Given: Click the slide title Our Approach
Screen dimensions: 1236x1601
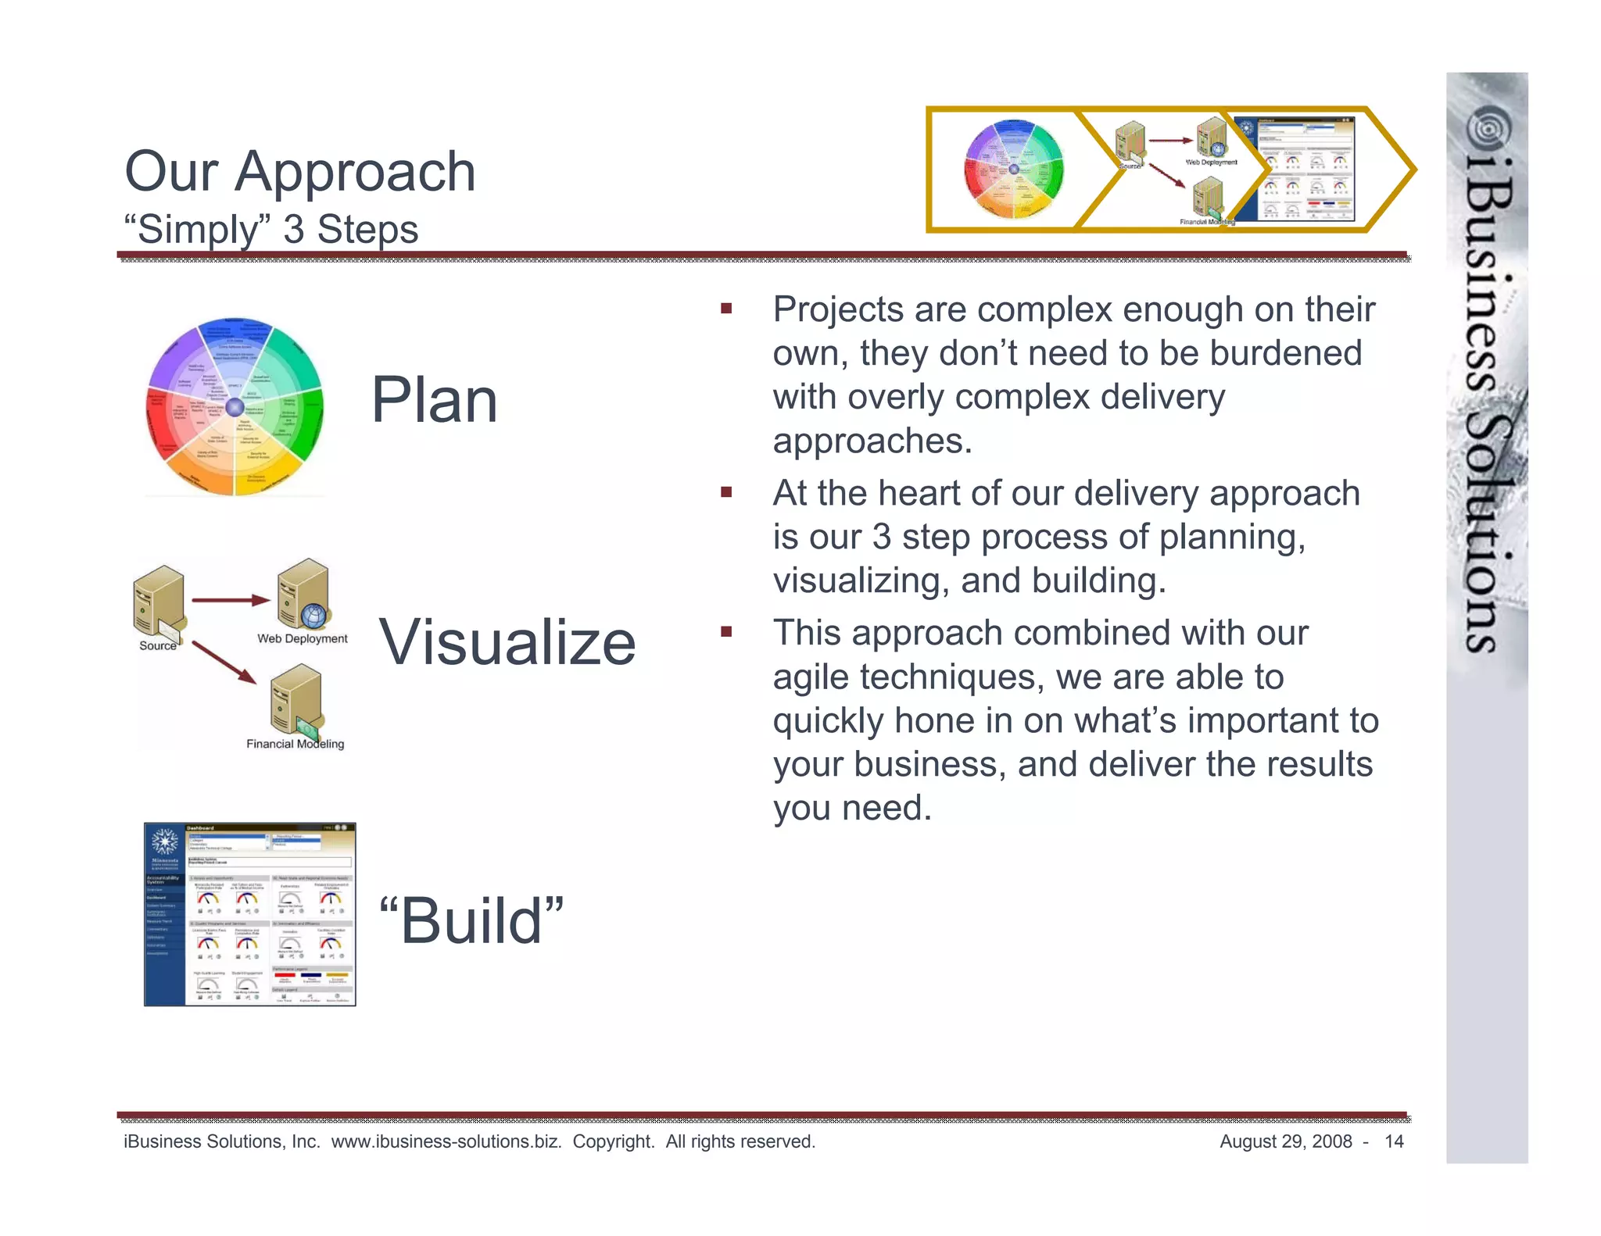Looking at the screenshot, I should click(x=299, y=172).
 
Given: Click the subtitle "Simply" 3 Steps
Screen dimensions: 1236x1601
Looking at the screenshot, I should click(x=270, y=230).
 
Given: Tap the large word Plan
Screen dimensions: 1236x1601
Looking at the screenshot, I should click(x=434, y=400).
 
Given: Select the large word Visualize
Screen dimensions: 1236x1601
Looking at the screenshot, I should click(x=507, y=642).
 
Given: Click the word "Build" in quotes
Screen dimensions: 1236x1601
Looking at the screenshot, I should click(x=471, y=921).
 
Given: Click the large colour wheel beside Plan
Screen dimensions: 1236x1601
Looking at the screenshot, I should click(x=235, y=406).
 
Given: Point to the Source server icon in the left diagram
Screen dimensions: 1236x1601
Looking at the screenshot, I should click(x=159, y=600).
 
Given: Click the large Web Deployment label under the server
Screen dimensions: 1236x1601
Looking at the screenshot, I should click(x=302, y=638).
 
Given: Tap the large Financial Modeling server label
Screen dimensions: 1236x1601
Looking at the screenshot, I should click(x=295, y=744).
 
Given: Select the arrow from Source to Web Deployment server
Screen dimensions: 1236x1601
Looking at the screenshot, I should click(x=230, y=600).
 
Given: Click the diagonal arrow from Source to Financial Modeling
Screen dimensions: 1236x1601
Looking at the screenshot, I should click(x=224, y=662).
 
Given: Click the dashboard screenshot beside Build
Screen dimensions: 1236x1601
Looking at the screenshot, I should click(x=249, y=914).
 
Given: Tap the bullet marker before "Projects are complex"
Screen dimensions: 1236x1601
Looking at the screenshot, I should click(x=726, y=309).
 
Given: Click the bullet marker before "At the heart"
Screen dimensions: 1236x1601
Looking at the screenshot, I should click(x=726, y=492).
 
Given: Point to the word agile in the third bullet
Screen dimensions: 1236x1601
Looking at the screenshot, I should click(x=810, y=677).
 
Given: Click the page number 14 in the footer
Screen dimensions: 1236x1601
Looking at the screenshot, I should click(x=1394, y=1141).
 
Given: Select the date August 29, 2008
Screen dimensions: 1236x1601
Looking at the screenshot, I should click(x=1285, y=1141).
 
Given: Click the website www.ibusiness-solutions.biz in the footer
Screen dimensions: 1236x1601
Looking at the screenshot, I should click(x=446, y=1141).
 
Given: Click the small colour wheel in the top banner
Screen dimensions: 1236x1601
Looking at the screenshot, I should click(x=1014, y=170).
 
